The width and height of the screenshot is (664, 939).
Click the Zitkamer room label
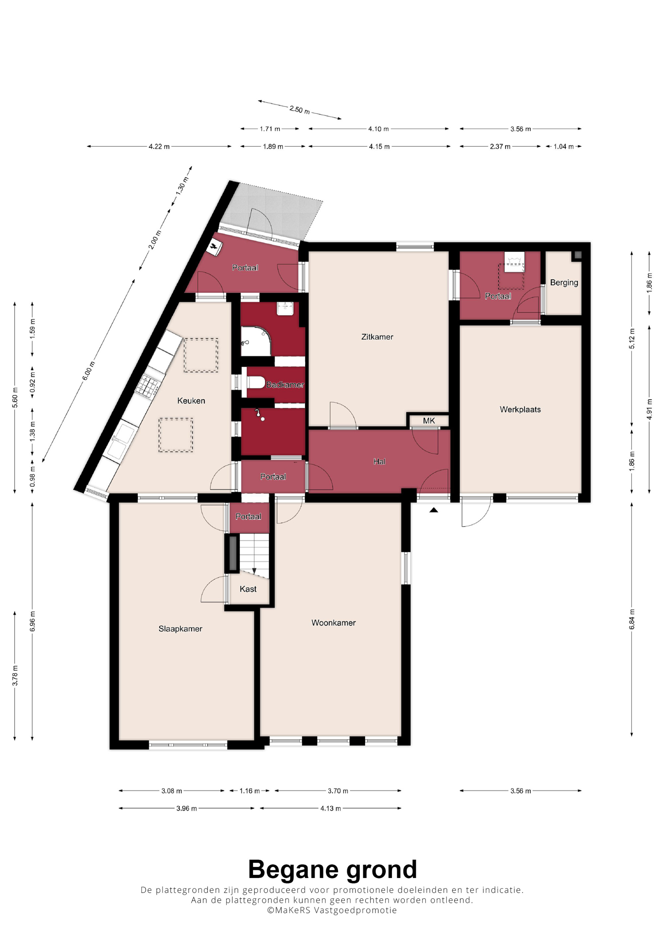coord(377,337)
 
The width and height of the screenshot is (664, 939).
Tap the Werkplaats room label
coord(520,409)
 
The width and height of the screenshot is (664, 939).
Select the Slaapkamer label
coord(180,628)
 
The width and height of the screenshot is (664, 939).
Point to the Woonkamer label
coord(333,622)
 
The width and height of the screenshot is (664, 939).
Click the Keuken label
coord(191,401)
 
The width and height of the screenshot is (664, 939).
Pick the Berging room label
coord(564,283)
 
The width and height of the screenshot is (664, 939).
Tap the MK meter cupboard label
coord(429,420)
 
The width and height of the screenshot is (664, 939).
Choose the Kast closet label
coord(248,589)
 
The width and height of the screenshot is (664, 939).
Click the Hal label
coord(379,461)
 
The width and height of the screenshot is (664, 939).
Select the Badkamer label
coord(285,385)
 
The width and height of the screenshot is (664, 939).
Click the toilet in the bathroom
coord(256,382)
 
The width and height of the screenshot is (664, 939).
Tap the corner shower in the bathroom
coord(256,341)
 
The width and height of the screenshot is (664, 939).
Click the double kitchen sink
coord(121,440)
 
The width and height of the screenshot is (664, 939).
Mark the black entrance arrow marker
coord(434,510)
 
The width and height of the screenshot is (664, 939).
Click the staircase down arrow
coord(254,570)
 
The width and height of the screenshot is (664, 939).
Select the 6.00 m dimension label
coord(89,371)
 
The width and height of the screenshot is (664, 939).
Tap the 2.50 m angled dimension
coord(299,109)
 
